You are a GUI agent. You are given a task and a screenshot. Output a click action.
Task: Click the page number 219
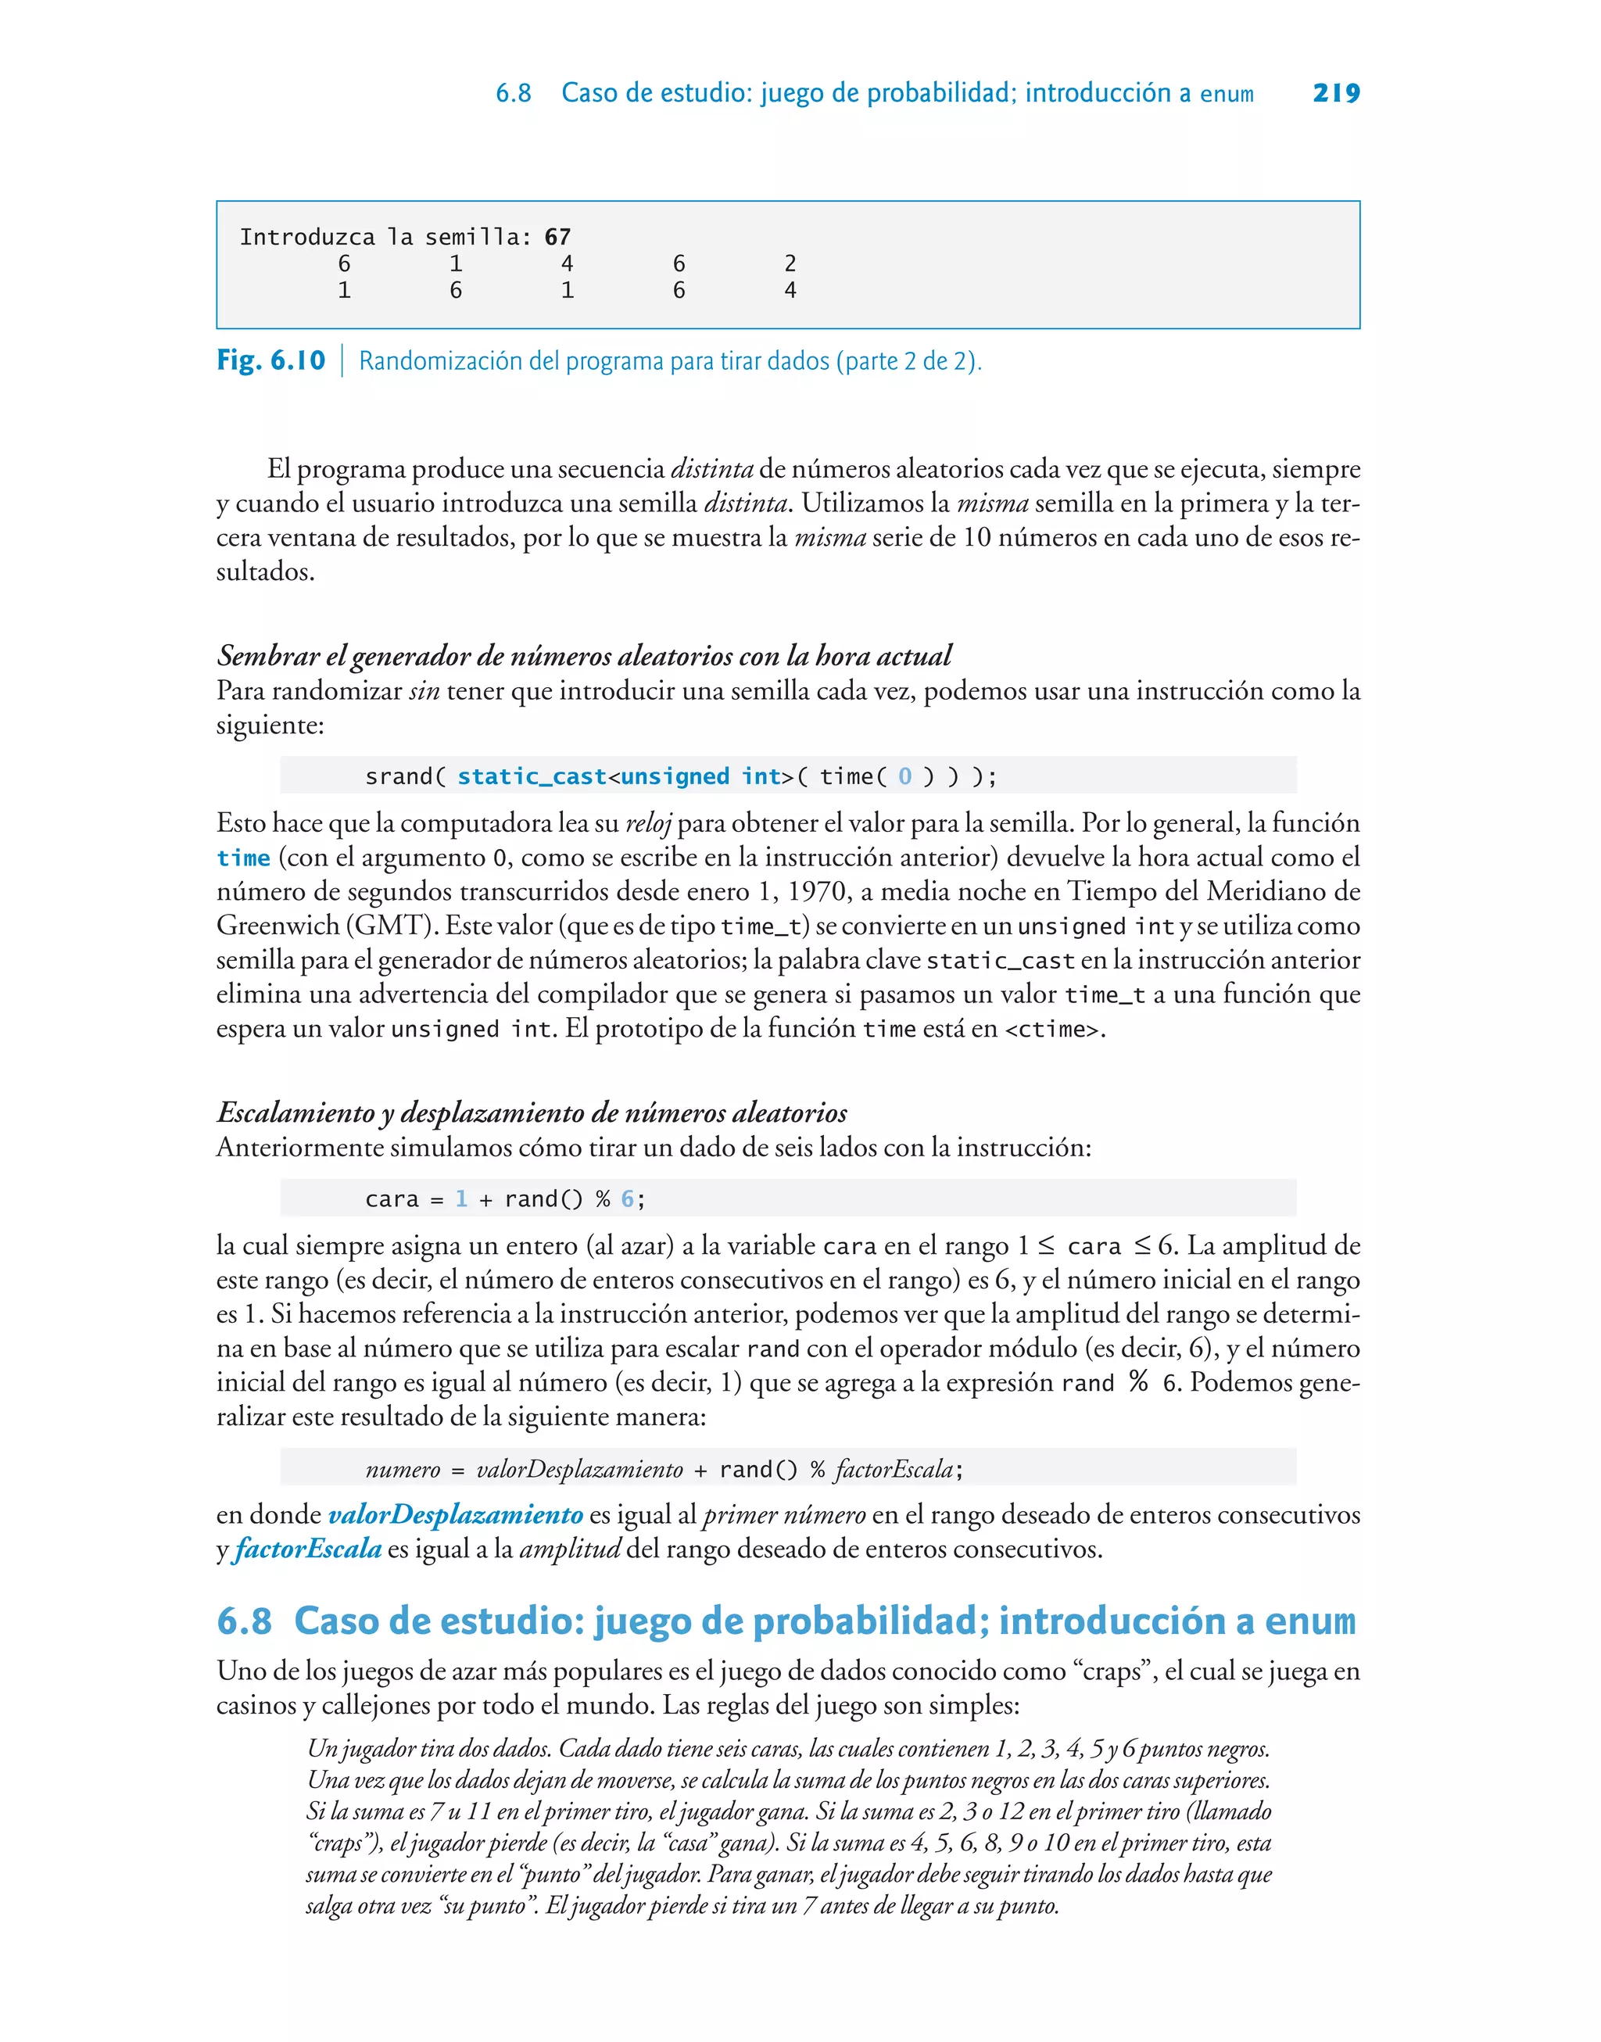[x=1336, y=93]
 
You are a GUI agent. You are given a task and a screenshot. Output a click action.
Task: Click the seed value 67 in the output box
[x=557, y=237]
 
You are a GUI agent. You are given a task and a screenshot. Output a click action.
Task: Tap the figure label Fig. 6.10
[x=271, y=361]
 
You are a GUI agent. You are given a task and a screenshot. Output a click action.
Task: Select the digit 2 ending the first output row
[x=790, y=264]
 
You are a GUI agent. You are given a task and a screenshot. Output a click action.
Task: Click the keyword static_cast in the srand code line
[x=532, y=776]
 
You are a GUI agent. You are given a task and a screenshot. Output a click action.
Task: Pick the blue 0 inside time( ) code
[x=904, y=776]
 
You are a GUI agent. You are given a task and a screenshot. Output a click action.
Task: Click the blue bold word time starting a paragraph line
[x=244, y=858]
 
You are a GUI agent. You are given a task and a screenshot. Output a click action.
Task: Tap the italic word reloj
[x=649, y=824]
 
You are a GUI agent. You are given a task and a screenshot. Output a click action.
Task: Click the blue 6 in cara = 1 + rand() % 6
[x=627, y=1198]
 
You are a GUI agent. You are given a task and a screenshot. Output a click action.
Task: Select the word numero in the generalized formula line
[x=402, y=1470]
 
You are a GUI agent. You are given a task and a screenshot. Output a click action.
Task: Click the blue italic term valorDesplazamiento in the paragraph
[x=456, y=1514]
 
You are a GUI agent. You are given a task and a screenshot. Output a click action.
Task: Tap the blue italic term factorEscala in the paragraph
[x=308, y=1549]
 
